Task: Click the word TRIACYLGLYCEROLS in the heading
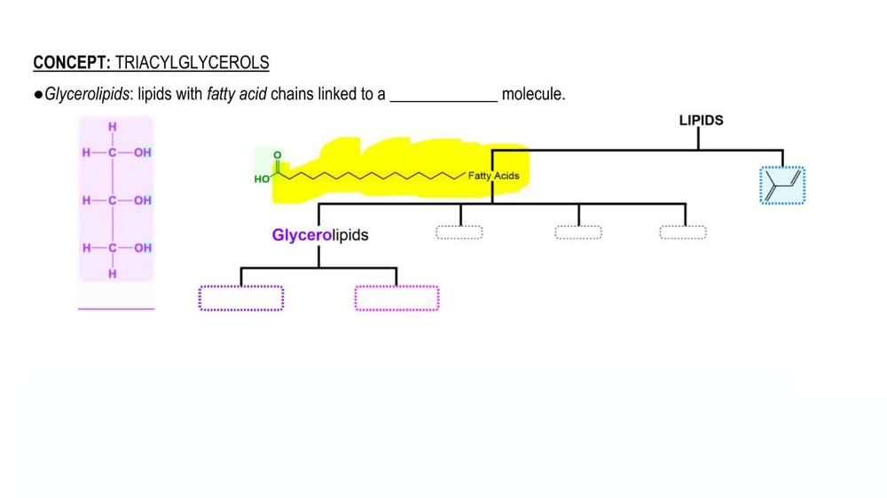[x=192, y=63]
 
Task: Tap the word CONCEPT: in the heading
[x=73, y=63]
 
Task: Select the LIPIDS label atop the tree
[x=701, y=121]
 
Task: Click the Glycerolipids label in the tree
[x=320, y=236]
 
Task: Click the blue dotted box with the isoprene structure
[x=782, y=185]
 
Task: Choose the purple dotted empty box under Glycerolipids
[x=240, y=298]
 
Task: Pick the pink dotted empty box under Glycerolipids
[x=396, y=298]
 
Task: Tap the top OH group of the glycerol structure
[x=143, y=152]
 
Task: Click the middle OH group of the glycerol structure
[x=143, y=200]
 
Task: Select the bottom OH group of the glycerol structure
[x=143, y=248]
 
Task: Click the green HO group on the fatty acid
[x=262, y=179]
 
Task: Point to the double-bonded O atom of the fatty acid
[x=277, y=156]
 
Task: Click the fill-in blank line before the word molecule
[x=443, y=98]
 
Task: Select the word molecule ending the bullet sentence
[x=533, y=95]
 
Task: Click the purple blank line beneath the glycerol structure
[x=115, y=308]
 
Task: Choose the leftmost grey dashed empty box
[x=459, y=232]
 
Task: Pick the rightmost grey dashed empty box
[x=683, y=232]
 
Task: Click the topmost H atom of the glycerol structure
[x=113, y=128]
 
